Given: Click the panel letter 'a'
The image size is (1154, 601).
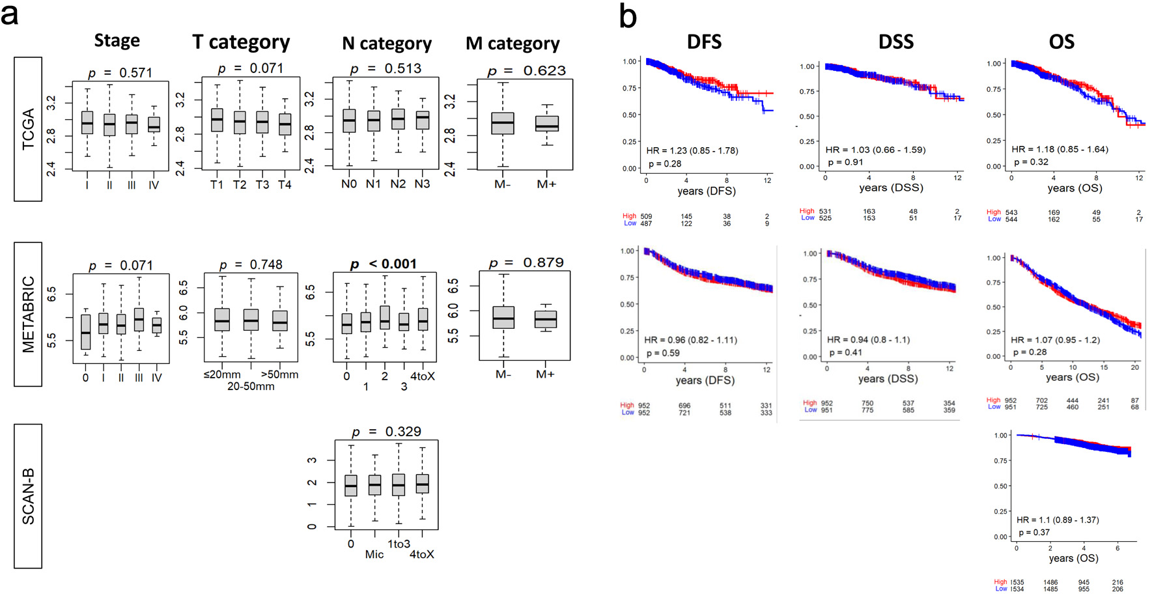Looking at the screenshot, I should pos(10,14).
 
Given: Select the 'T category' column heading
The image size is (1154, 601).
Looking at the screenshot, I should pos(241,42).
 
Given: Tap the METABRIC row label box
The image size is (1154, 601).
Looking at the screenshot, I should pos(28,314).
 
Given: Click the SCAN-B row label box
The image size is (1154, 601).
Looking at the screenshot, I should pos(28,496).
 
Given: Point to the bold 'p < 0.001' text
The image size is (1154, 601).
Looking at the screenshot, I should pos(383,264).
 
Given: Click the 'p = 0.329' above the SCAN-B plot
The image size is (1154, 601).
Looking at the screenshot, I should pos(386,432).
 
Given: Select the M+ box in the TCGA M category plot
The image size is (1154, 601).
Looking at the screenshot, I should pos(546,124).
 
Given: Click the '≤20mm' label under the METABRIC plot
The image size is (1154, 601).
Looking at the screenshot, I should pos(222,375).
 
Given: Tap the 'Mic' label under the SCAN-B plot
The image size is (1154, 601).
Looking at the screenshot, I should pos(374,555).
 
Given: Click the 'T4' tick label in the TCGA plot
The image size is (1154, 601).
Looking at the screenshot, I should pos(285,185).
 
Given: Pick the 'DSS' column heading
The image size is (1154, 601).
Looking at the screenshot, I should pos(895,42).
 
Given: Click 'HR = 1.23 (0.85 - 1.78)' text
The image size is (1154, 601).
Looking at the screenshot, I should pos(692,150).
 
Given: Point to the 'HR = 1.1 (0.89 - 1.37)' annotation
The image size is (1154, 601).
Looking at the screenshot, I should pos(1058,520).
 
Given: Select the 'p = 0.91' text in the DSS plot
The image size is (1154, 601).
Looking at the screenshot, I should pos(845,162).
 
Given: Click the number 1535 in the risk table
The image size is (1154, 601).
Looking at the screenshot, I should pos(1017,582).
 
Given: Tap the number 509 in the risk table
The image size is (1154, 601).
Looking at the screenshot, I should pos(646,216).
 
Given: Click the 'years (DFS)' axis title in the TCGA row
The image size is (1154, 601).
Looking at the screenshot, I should pos(706,191).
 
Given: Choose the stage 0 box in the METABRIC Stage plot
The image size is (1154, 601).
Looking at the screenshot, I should pos(86,331).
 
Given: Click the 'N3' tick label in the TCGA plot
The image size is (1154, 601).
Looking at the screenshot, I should pos(422,184).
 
